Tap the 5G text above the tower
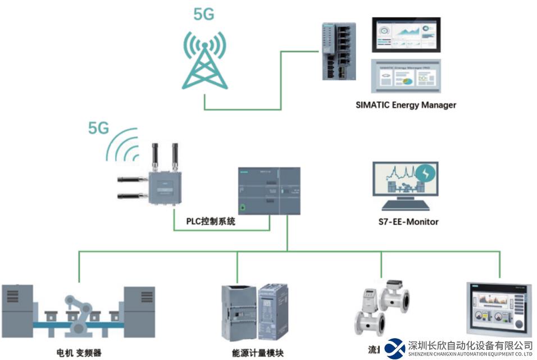click(204, 14)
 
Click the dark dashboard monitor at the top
click(406, 35)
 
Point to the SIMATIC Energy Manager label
click(406, 104)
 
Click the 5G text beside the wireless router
click(98, 129)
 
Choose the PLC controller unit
click(268, 191)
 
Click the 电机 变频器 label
click(79, 353)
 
